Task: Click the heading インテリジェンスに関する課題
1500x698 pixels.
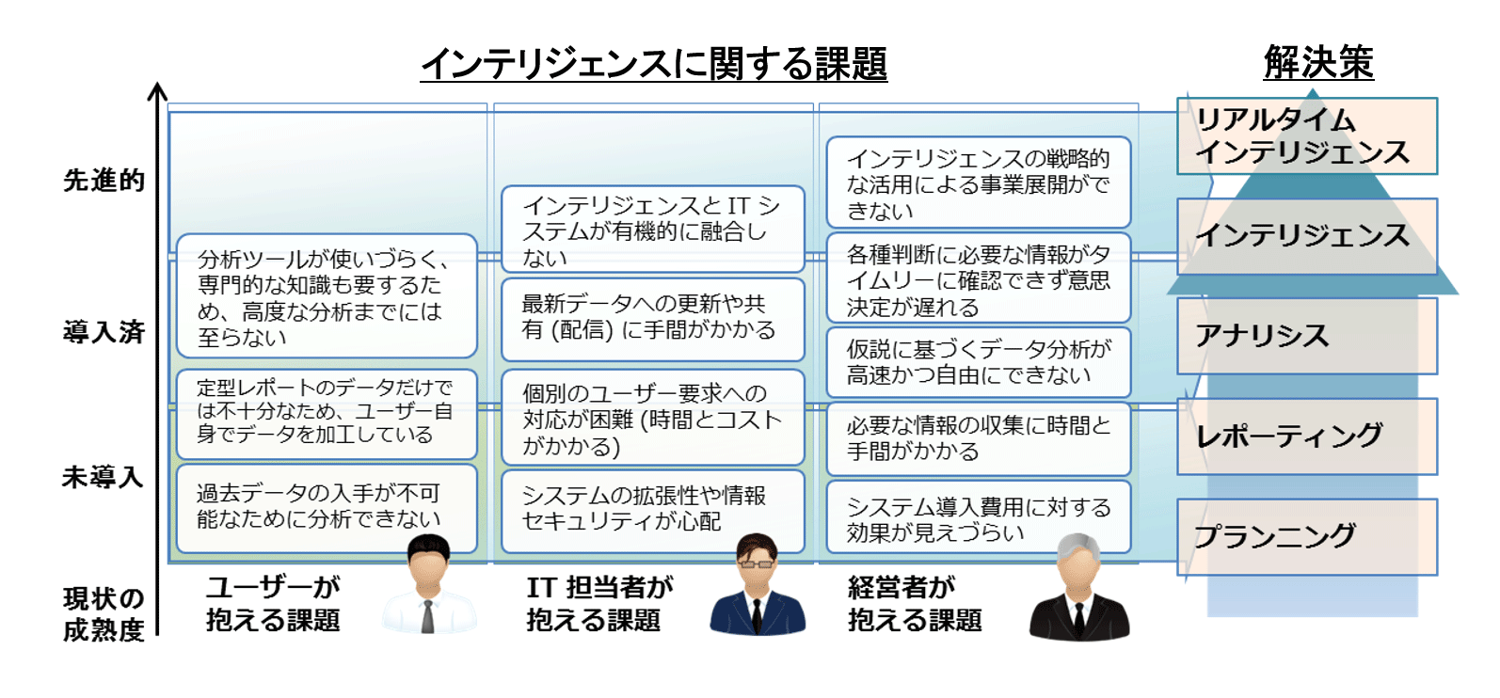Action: pos(653,64)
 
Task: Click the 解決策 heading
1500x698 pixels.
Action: pos(1317,63)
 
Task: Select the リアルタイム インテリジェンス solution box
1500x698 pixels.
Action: pos(1306,136)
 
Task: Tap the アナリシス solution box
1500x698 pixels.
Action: pos(1306,336)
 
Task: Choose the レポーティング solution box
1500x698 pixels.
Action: pos(1306,436)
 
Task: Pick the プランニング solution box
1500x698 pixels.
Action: pos(1306,536)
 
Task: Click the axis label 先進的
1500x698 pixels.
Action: pos(104,180)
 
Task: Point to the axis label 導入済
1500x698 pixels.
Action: pos(104,331)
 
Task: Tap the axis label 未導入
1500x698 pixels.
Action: pos(103,477)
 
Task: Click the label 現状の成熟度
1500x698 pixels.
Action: pos(104,614)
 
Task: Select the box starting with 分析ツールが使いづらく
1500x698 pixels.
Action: pos(326,296)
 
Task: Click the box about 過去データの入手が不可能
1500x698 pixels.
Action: pos(326,508)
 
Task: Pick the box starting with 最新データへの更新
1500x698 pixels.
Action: pos(652,318)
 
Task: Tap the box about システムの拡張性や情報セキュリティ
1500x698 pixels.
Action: pos(652,509)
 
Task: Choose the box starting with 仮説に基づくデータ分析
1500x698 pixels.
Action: pos(978,362)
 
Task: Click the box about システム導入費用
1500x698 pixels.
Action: pos(978,519)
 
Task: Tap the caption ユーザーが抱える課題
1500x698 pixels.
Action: pos(273,604)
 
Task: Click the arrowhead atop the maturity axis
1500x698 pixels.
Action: pos(157,91)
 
